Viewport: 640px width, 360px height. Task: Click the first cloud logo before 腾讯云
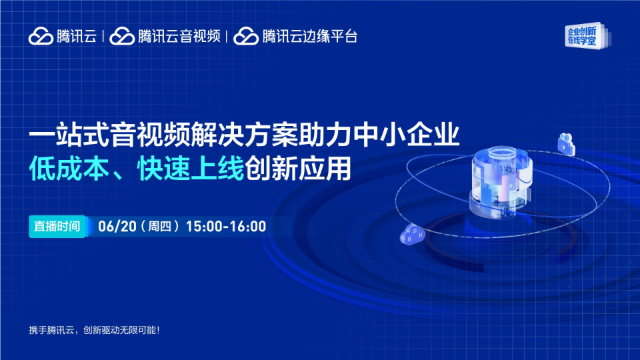(41, 36)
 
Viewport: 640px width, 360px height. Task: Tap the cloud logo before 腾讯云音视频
(122, 36)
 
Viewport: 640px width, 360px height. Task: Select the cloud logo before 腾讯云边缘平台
(246, 36)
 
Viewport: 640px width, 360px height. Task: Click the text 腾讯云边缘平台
(310, 36)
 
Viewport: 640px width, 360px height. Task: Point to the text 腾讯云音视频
(179, 36)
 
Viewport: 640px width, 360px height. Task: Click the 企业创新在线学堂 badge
(587, 36)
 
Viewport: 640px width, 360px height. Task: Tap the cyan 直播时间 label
(57, 227)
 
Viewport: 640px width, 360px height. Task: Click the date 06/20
(117, 227)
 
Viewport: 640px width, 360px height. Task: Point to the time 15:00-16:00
(226, 227)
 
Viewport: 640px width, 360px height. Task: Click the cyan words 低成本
(69, 169)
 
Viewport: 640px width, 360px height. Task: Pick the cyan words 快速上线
(191, 169)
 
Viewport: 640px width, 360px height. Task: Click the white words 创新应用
(298, 169)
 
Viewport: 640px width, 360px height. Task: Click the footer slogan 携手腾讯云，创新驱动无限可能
(94, 330)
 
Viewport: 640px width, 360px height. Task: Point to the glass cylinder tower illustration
(501, 181)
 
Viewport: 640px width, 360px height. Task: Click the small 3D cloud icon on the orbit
(412, 235)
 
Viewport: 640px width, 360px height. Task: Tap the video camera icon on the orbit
(567, 144)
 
